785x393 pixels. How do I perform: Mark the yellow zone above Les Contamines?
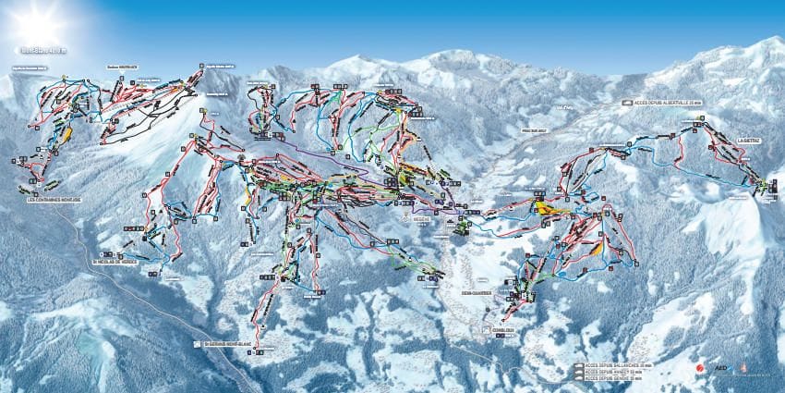point(67,133)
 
